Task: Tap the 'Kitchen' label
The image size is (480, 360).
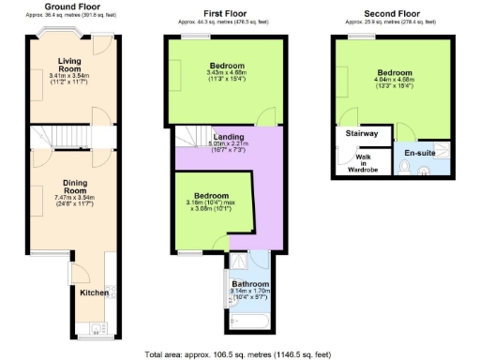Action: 94,292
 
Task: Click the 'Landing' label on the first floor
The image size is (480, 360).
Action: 228,137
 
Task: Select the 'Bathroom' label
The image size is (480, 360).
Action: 250,283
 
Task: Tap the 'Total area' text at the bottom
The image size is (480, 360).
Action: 240,354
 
